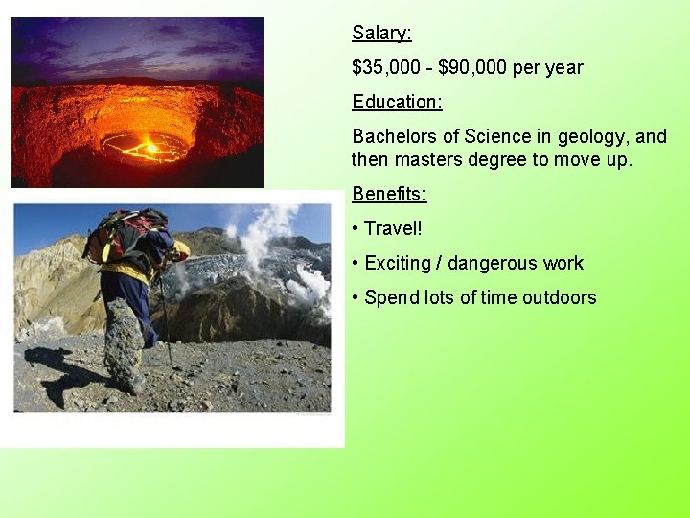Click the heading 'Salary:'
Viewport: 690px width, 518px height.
click(381, 34)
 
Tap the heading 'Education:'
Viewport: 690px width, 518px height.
click(397, 102)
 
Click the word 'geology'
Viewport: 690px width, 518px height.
click(596, 136)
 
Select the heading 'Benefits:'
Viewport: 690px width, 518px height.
click(389, 194)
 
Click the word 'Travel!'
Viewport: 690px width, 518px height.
click(393, 229)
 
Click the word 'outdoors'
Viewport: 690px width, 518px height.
click(559, 298)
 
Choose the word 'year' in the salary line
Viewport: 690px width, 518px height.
click(563, 68)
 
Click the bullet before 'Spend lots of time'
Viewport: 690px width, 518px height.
click(356, 298)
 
